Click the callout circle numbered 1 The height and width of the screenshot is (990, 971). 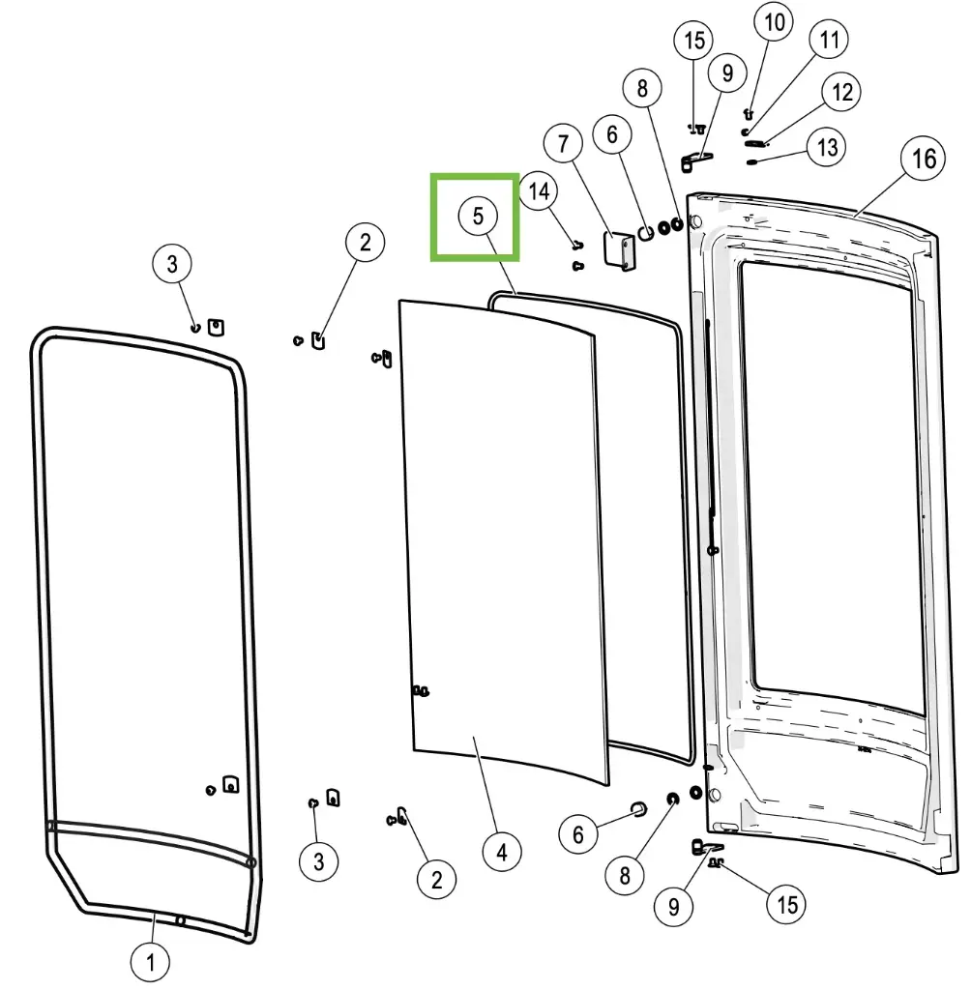tap(150, 962)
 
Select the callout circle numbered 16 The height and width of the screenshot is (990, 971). tap(925, 158)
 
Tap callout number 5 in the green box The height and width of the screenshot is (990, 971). tap(478, 216)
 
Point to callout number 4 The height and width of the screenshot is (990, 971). tap(501, 852)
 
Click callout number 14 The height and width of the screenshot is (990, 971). tap(539, 190)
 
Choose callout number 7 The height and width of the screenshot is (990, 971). tap(563, 144)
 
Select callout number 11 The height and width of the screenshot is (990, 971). tap(829, 40)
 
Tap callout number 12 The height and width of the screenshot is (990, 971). tap(841, 92)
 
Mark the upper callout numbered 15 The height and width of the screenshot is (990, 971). tap(694, 41)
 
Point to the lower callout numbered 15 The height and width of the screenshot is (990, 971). tap(787, 904)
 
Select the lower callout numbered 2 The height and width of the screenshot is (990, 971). tap(436, 879)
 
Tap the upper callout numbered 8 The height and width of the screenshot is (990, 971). tap(642, 89)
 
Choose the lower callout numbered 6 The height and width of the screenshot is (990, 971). tap(578, 833)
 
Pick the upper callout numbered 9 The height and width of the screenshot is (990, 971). tap(727, 72)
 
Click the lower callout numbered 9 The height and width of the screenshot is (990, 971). tap(674, 907)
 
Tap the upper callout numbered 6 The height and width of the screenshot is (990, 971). tap(611, 134)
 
